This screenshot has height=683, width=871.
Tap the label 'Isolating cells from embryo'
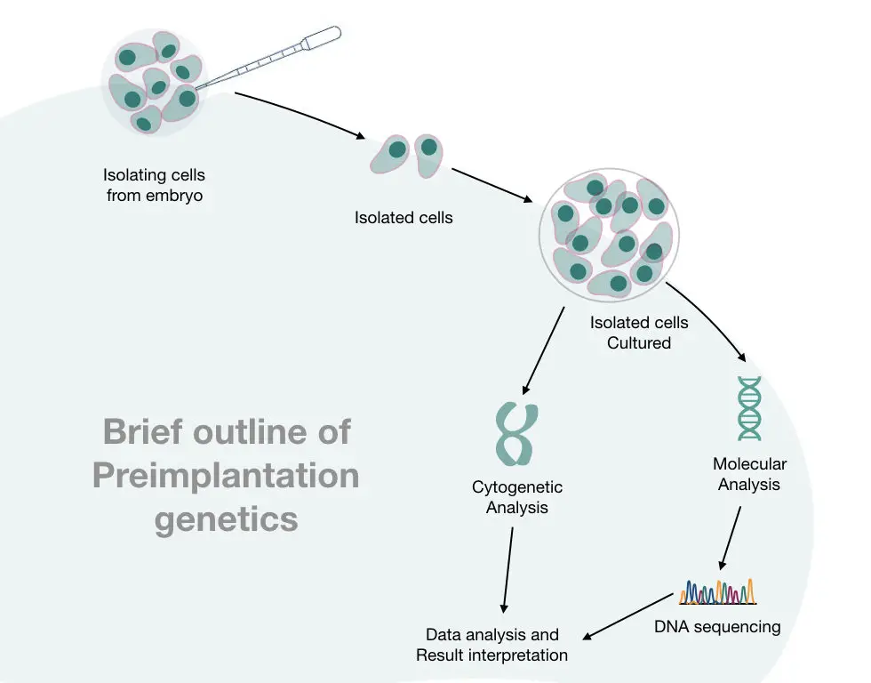pos(154,185)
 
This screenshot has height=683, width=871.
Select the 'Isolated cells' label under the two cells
pos(404,217)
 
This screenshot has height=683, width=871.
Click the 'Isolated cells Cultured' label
pos(639,333)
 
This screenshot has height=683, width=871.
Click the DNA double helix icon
pos(749,408)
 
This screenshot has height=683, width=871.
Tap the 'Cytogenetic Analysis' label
pos(517,497)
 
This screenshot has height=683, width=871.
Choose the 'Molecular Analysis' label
pos(749,474)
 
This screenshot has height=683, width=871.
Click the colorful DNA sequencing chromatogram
pos(718,592)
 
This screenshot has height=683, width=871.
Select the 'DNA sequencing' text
pos(717,626)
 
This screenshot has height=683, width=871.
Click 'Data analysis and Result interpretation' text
pos(491,645)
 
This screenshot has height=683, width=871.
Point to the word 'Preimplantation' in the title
pos(226,477)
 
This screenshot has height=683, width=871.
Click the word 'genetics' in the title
pos(226,520)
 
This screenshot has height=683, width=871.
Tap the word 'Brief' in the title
pos(143,431)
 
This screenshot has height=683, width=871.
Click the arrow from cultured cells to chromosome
pos(544,350)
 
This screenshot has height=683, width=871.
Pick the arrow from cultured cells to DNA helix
pos(710,317)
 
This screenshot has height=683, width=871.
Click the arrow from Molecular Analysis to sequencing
pos(730,538)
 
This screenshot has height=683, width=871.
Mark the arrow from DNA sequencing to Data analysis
pos(627,617)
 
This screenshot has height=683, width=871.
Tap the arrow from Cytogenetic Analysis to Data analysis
pos(507,570)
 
